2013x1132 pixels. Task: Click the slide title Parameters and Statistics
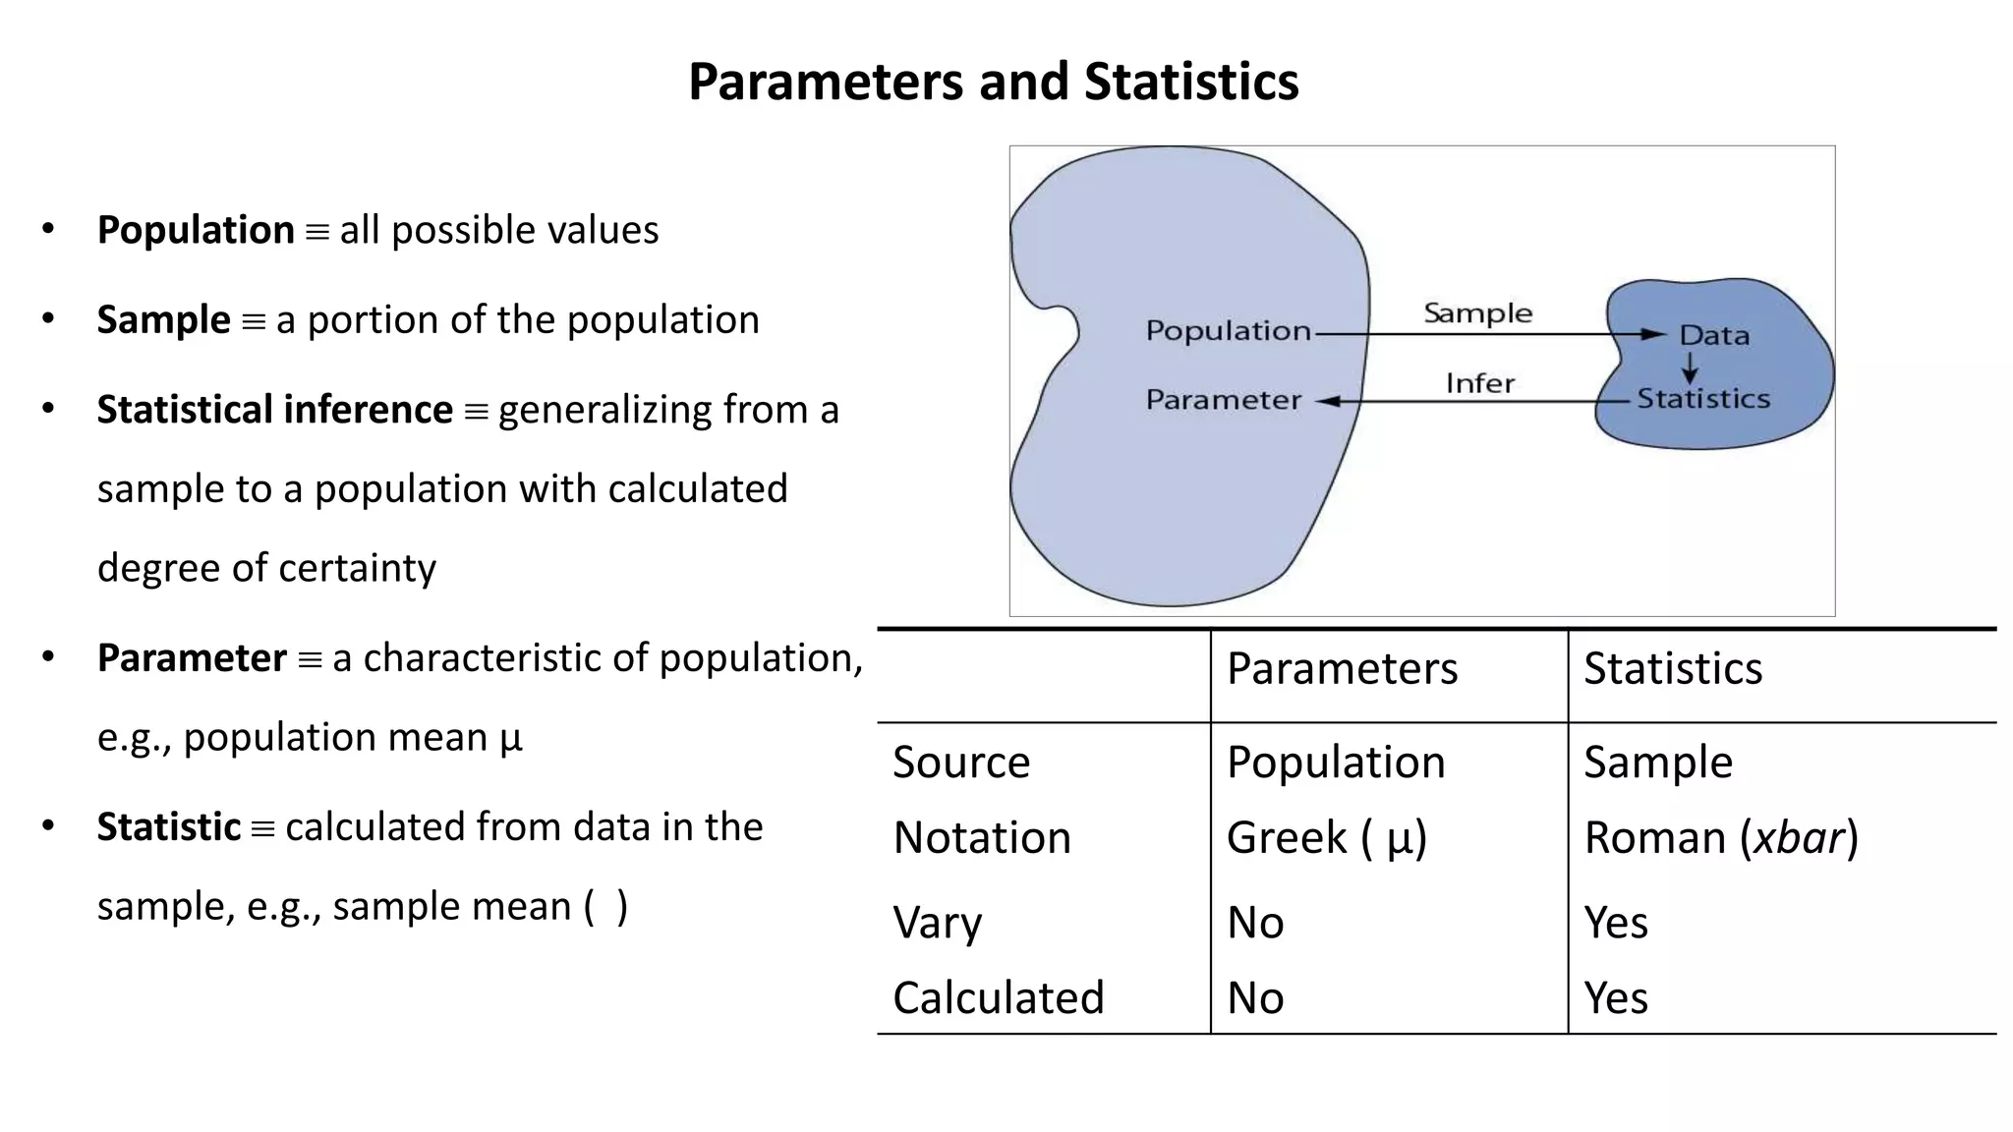pyautogui.click(x=993, y=82)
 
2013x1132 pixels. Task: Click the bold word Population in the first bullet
pyautogui.click(x=196, y=230)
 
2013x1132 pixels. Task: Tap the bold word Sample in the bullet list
pyautogui.click(x=163, y=320)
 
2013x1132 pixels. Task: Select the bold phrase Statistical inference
pyautogui.click(x=274, y=410)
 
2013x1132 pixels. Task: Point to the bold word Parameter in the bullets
pyautogui.click(x=192, y=658)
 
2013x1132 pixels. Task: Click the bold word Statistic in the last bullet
pyautogui.click(x=168, y=827)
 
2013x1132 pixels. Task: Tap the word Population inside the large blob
pyautogui.click(x=1228, y=331)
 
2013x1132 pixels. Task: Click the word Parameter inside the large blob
pyautogui.click(x=1223, y=400)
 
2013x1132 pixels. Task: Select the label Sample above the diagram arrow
pyautogui.click(x=1477, y=313)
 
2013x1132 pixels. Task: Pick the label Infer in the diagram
pyautogui.click(x=1479, y=383)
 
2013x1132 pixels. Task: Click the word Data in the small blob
pyautogui.click(x=1714, y=336)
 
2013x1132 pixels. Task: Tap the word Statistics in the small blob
pyautogui.click(x=1702, y=399)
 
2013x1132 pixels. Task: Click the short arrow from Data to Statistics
pyautogui.click(x=1690, y=368)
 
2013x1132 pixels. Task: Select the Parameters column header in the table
pyautogui.click(x=1342, y=669)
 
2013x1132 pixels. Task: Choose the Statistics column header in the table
pyautogui.click(x=1672, y=669)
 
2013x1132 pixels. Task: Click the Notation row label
pyautogui.click(x=981, y=838)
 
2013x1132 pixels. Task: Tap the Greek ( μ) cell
pyautogui.click(x=1326, y=838)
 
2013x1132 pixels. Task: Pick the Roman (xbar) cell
pyautogui.click(x=1720, y=838)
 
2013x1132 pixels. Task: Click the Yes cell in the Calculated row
pyautogui.click(x=1615, y=998)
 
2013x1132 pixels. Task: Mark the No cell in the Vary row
pyautogui.click(x=1255, y=923)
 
